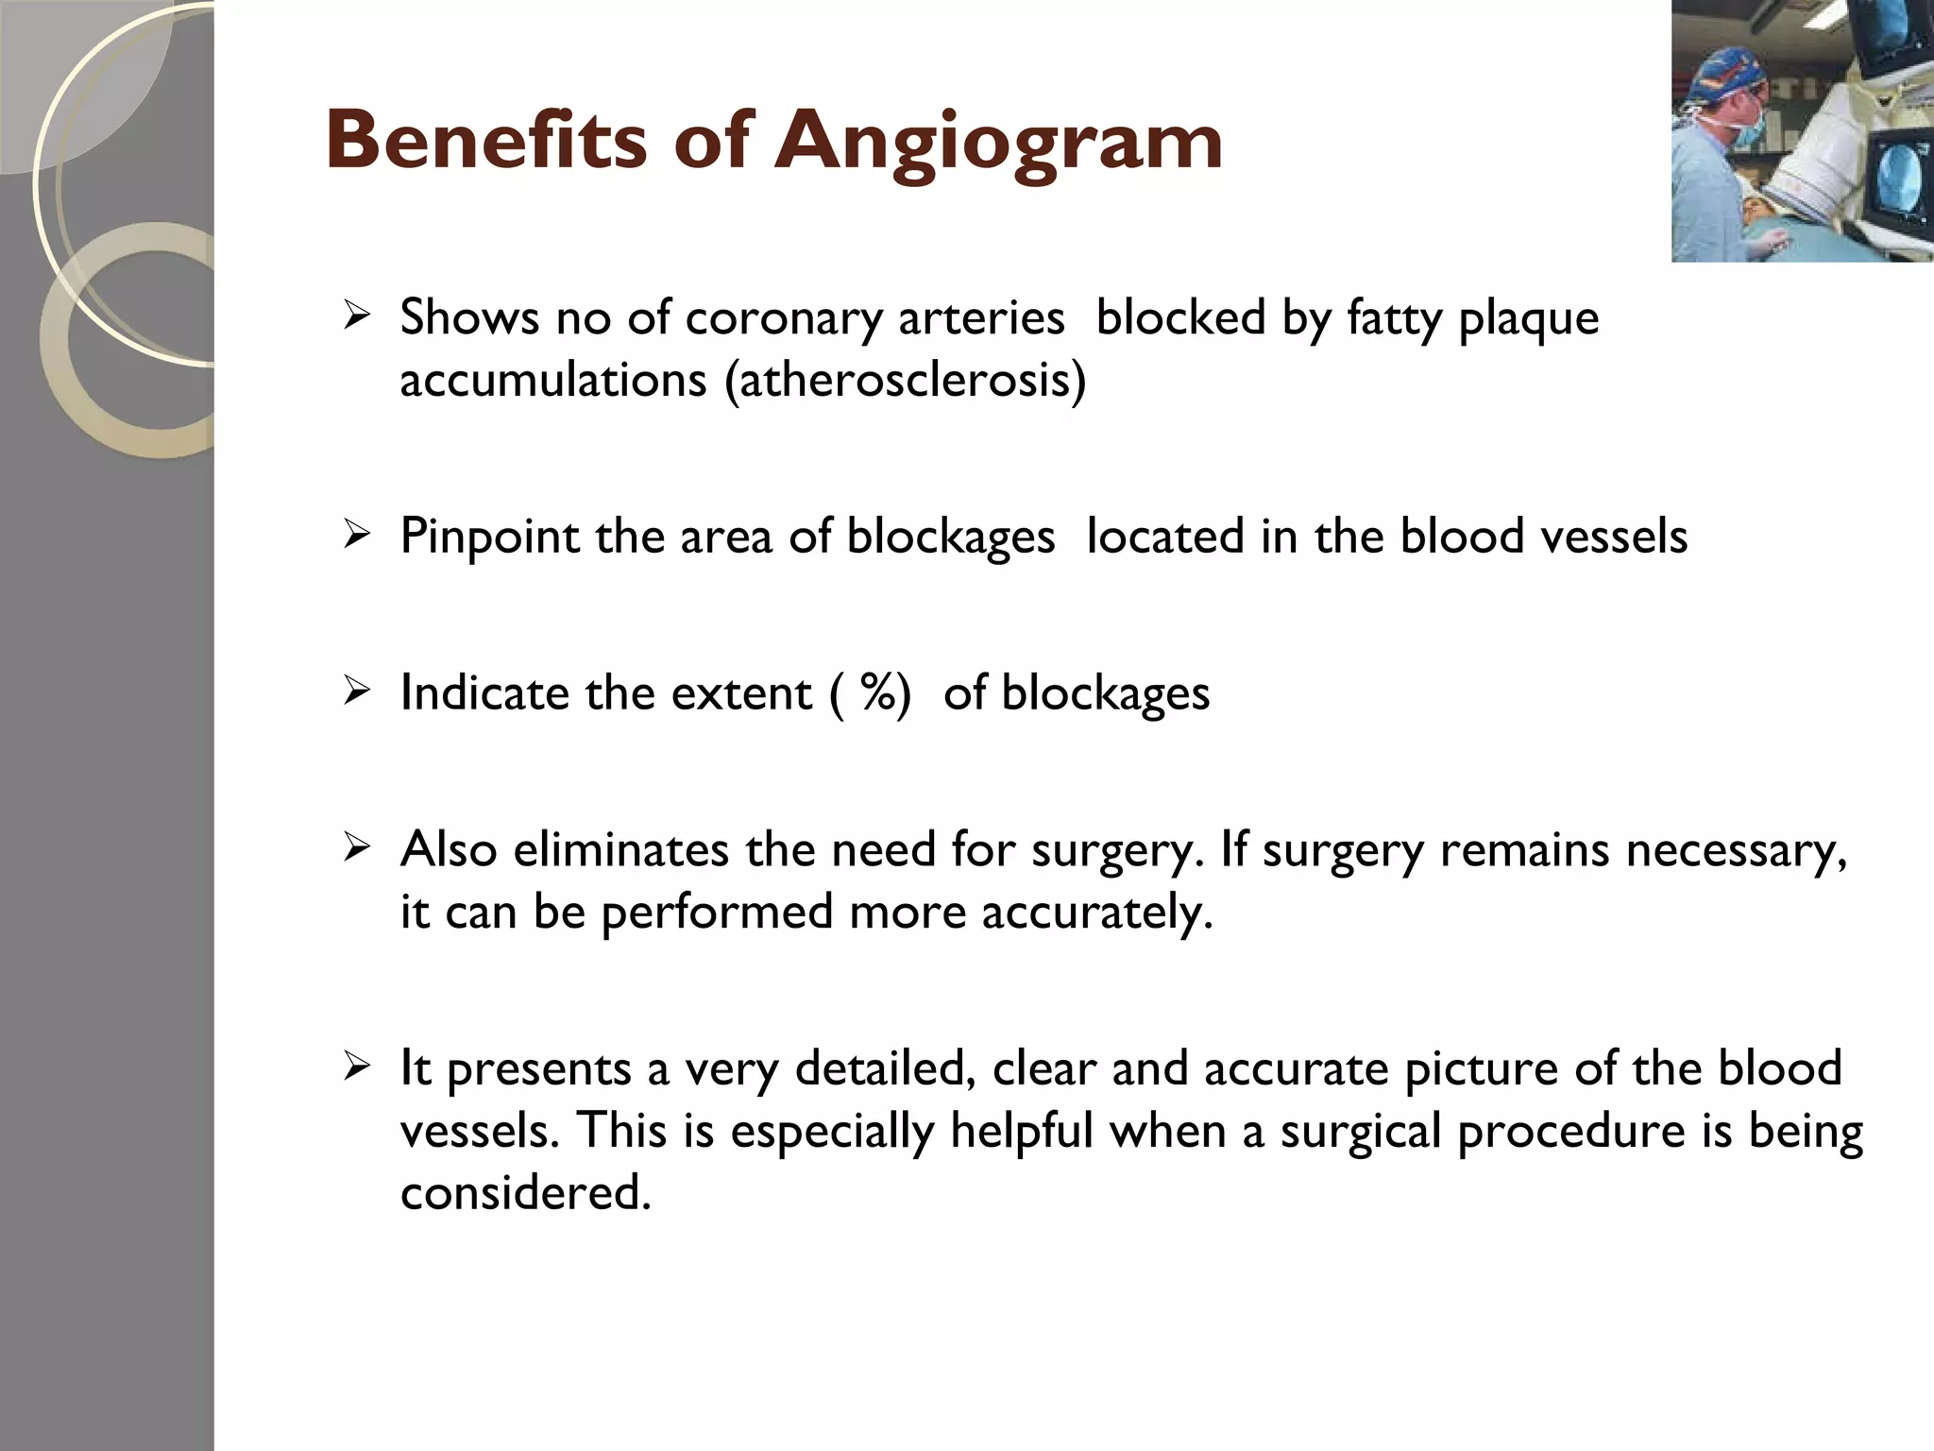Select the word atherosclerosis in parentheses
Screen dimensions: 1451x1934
905,380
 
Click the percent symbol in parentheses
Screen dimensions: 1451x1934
877,692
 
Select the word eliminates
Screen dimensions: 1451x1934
620,849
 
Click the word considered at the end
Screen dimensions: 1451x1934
525,1193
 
